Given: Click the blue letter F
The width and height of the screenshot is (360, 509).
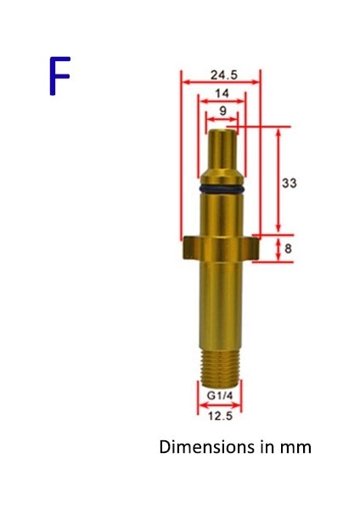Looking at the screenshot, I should point(58,76).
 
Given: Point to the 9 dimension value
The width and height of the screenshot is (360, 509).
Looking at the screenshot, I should point(222,111).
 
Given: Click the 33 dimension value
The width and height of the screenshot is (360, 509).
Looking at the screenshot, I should point(289,182).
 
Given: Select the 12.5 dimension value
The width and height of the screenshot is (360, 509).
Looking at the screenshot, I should point(221,416).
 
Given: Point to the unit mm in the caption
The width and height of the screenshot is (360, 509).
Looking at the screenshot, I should point(297,446).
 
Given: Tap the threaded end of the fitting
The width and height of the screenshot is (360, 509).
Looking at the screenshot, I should point(222,365).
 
